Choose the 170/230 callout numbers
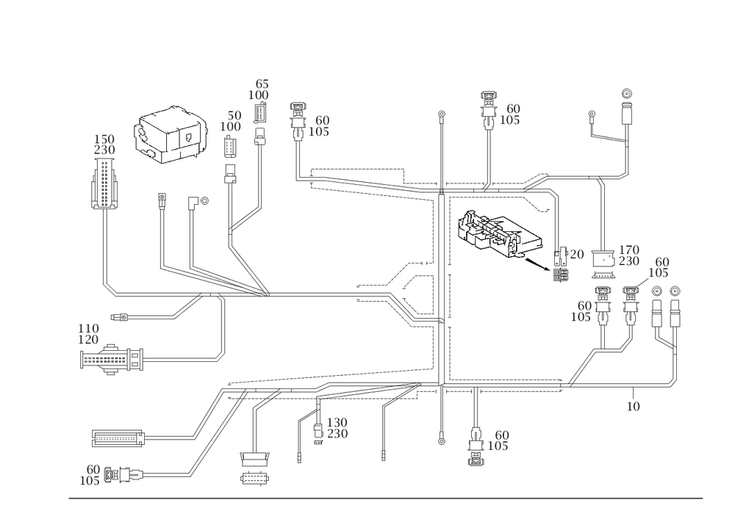pos(629,254)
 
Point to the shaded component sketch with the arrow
pos(498,232)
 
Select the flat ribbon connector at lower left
pos(118,438)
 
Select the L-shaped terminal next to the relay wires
pos(193,201)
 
